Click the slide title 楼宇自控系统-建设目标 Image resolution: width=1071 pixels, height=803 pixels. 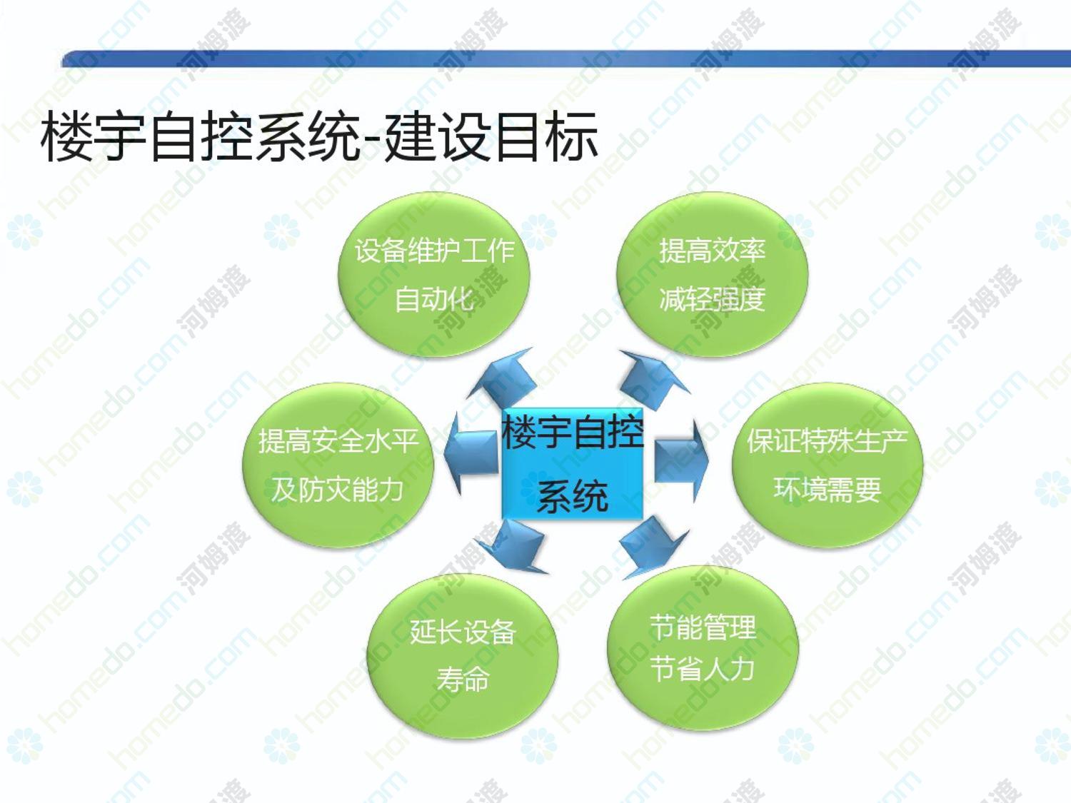pyautogui.click(x=320, y=136)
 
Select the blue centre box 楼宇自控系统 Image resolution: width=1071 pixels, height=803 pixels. pyautogui.click(x=573, y=463)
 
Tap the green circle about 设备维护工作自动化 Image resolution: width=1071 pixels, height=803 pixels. pyautogui.click(x=434, y=274)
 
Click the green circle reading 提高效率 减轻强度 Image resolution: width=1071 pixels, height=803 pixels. pyautogui.click(x=713, y=274)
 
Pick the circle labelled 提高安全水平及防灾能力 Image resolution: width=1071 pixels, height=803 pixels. pyautogui.click(x=338, y=465)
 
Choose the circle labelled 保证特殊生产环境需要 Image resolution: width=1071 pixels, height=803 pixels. pyautogui.click(x=827, y=465)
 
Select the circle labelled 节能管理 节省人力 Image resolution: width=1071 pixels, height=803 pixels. pyautogui.click(x=703, y=648)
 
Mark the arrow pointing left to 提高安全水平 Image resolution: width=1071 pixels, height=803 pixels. pyautogui.click(x=471, y=453)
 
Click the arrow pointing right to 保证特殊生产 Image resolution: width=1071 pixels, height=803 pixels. pyautogui.click(x=680, y=460)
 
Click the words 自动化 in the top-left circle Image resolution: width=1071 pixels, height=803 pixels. pyautogui.click(x=434, y=299)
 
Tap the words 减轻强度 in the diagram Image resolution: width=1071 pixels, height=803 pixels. pyautogui.click(x=712, y=299)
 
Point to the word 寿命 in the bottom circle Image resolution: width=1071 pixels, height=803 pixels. pyautogui.click(x=463, y=680)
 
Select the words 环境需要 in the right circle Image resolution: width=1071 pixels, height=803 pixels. pyautogui.click(x=827, y=490)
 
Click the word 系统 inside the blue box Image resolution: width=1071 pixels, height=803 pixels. pyautogui.click(x=573, y=495)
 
